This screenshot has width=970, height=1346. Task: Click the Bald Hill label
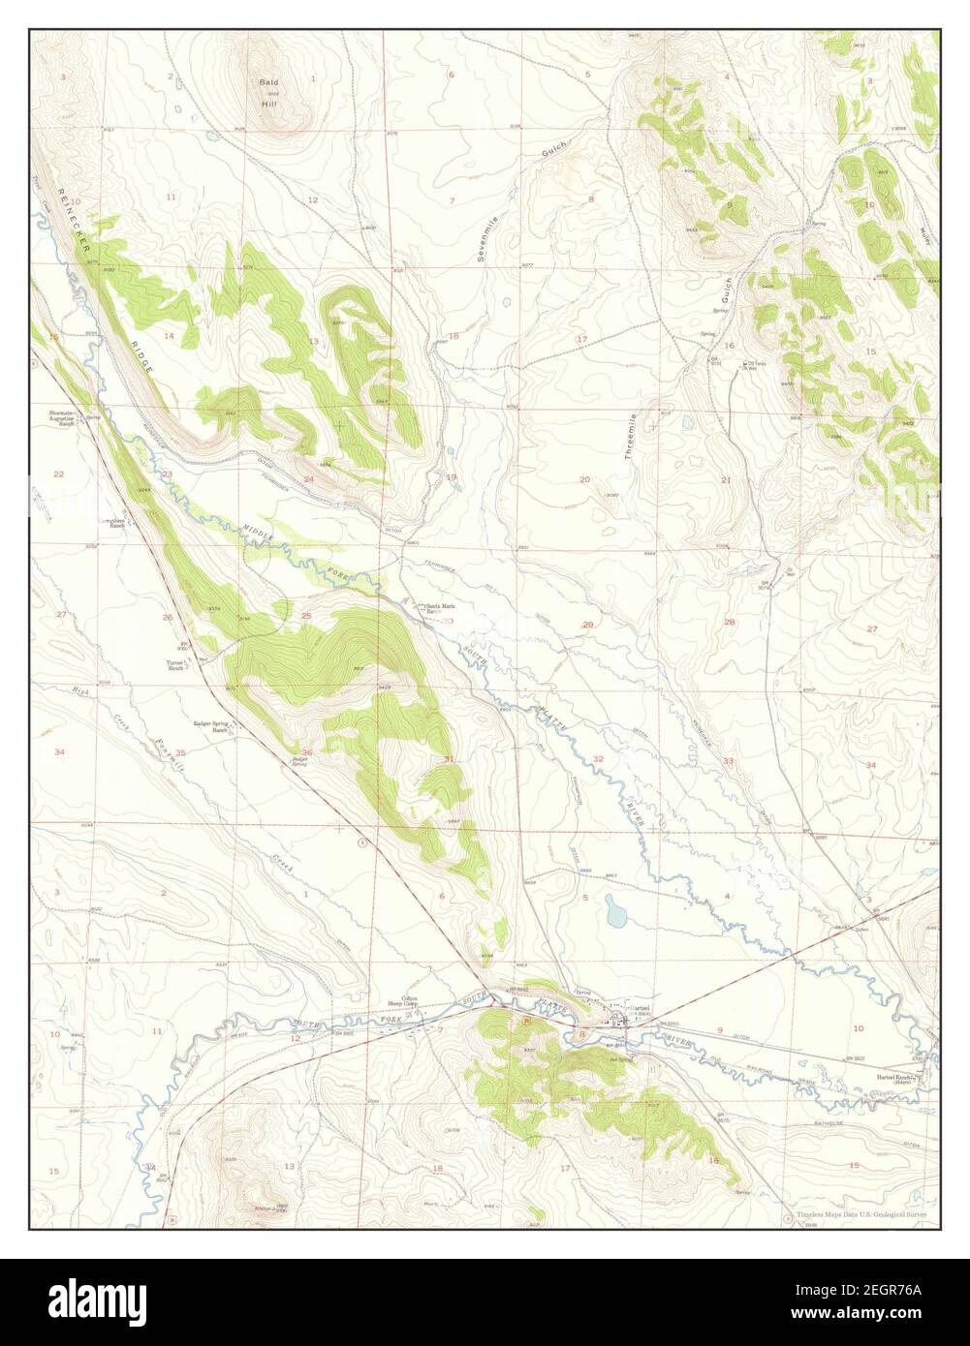(x=268, y=88)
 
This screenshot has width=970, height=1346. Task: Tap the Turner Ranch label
(x=175, y=665)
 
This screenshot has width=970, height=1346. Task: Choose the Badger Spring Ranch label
(x=209, y=726)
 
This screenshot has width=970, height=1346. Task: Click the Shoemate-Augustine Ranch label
(x=62, y=419)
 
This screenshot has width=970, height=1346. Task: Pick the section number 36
(x=307, y=752)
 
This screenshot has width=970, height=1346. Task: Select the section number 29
(x=587, y=625)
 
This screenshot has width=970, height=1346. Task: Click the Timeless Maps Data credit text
(x=861, y=1214)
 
